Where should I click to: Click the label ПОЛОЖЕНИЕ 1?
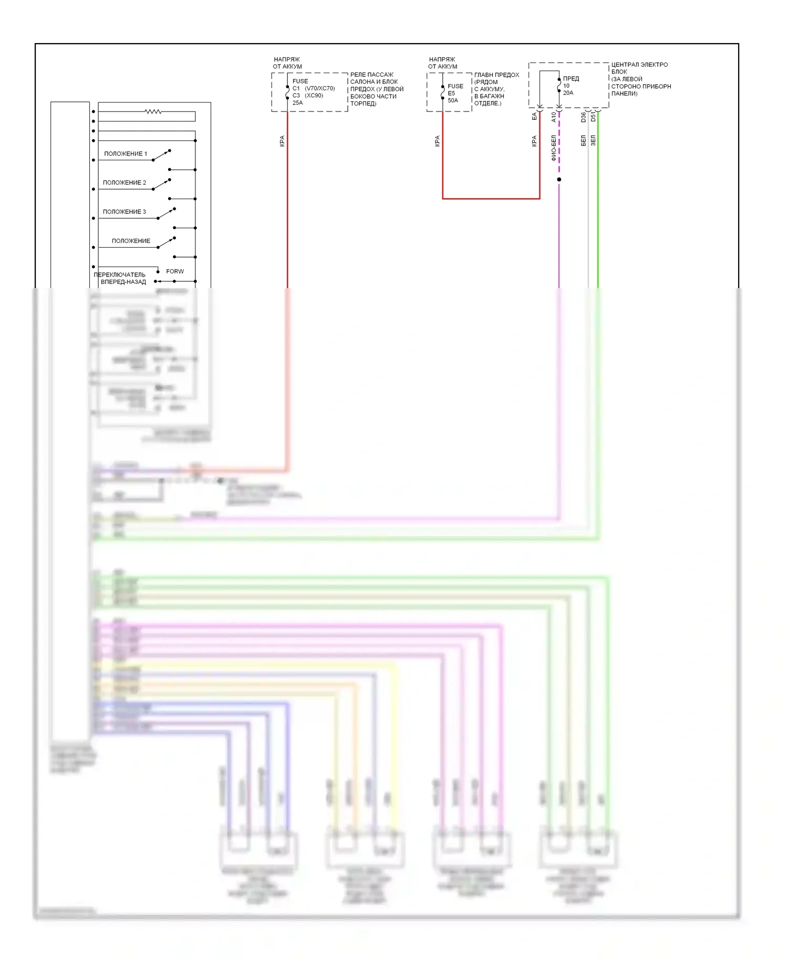click(x=126, y=154)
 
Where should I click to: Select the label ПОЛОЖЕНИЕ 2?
click(x=125, y=182)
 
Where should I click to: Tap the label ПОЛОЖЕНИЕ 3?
click(x=125, y=211)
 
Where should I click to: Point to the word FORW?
click(x=175, y=271)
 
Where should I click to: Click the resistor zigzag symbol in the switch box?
click(x=153, y=111)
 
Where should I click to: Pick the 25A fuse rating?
click(x=297, y=103)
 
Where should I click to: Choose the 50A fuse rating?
click(x=453, y=100)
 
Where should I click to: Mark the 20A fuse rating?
click(x=568, y=93)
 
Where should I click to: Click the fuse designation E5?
click(x=451, y=93)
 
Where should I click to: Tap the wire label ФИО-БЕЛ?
click(x=554, y=148)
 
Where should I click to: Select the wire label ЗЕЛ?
click(x=593, y=140)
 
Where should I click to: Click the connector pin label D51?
click(x=593, y=116)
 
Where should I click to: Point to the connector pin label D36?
click(x=583, y=117)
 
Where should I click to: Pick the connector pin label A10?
click(x=554, y=117)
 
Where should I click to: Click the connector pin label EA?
click(x=534, y=116)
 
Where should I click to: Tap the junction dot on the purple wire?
click(x=559, y=180)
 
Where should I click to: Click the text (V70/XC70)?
click(x=319, y=88)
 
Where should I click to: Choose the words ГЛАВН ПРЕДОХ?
click(x=496, y=75)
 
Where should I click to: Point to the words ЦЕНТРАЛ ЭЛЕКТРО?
click(x=639, y=65)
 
